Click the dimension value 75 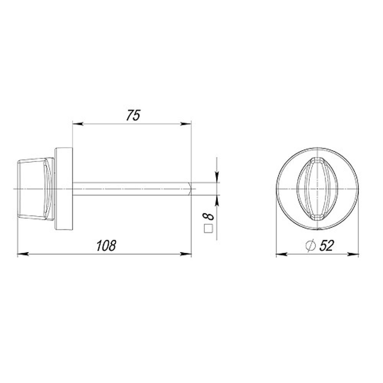pyautogui.click(x=133, y=115)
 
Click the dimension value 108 pyautogui.click(x=106, y=246)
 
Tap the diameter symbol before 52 pyautogui.click(x=311, y=246)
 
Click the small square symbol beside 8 pyautogui.click(x=209, y=229)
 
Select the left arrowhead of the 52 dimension pyautogui.click(x=280, y=254)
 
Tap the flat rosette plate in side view pyautogui.click(x=64, y=189)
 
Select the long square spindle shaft pyautogui.click(x=130, y=189)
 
